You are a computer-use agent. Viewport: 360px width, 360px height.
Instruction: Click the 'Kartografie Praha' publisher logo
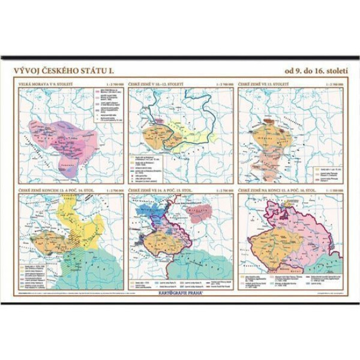(x=180, y=296)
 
